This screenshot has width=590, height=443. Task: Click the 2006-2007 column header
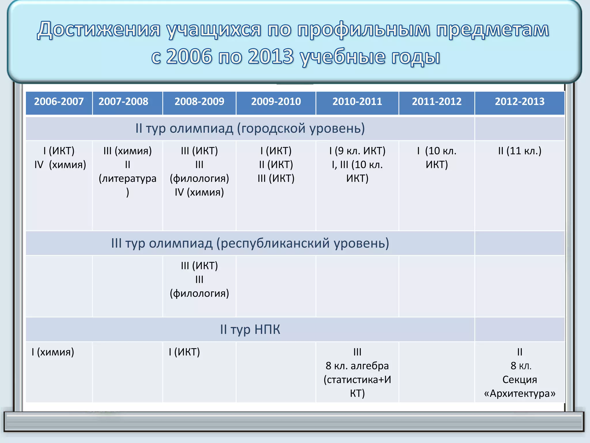coord(59,102)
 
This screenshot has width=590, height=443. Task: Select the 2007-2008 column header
coord(123,102)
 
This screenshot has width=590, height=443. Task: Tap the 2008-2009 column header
coord(199,102)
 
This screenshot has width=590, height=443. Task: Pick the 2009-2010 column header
coord(276,102)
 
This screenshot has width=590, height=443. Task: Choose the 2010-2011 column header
coord(357,102)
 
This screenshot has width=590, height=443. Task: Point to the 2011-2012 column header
coord(436,102)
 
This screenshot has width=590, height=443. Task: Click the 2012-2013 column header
coord(520,102)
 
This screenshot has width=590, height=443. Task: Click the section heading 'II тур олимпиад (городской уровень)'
coord(250,128)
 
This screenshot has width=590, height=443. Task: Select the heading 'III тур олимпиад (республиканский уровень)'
coord(250,243)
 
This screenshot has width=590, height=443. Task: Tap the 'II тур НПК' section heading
coord(250,329)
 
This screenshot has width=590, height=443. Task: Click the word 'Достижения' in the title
coord(99,30)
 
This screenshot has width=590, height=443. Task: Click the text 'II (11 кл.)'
coord(520,151)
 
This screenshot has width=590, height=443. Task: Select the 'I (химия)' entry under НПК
coord(53,352)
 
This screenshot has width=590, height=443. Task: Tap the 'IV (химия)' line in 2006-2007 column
coord(60,165)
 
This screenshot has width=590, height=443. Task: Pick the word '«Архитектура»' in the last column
coord(520,393)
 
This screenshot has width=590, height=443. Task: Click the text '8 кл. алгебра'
coord(357,366)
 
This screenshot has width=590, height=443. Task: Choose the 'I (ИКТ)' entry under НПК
coord(184,352)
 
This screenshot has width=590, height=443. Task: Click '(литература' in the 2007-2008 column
coord(127,179)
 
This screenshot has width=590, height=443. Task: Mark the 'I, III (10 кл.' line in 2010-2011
coord(357,165)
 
